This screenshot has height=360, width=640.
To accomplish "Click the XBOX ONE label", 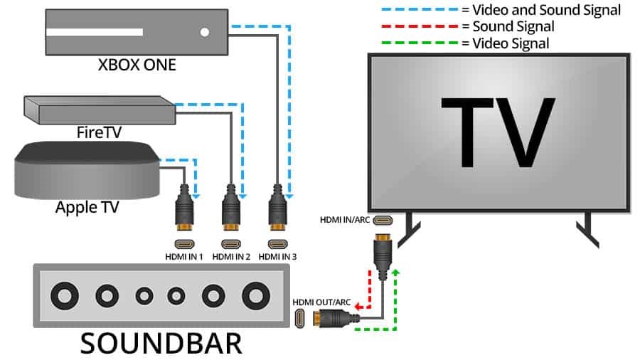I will click(x=137, y=65).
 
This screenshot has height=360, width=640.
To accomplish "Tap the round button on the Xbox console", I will click(x=205, y=32).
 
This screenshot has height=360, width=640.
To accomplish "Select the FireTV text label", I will click(x=99, y=132).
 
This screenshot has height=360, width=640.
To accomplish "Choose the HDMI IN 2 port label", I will click(x=231, y=255).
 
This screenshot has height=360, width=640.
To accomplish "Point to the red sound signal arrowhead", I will click(x=358, y=307).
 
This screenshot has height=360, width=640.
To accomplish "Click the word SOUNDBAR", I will click(x=161, y=343).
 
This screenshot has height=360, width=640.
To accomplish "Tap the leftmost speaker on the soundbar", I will click(x=66, y=294).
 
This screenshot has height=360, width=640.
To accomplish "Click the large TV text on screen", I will click(x=497, y=131).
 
